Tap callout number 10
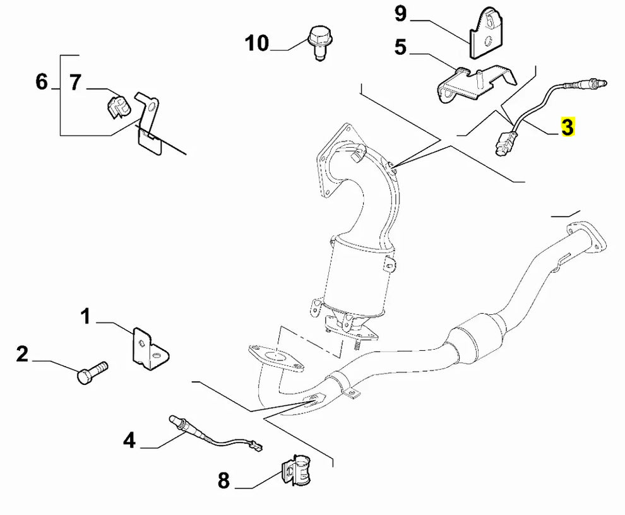[x=257, y=44]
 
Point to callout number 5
[x=400, y=47]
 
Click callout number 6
[x=42, y=82]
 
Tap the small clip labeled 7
[x=117, y=105]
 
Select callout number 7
[x=76, y=82]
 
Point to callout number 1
[x=86, y=317]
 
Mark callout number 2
[x=23, y=355]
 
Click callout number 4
[x=129, y=440]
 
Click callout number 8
[x=223, y=482]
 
